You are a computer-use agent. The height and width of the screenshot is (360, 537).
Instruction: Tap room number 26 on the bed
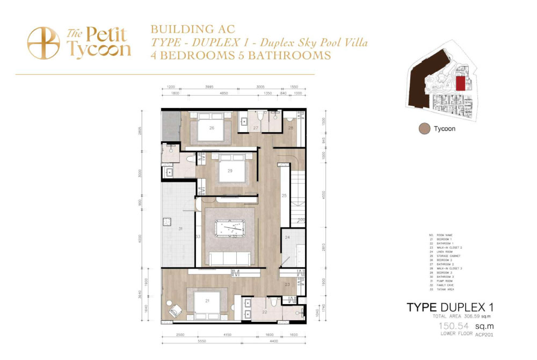click(x=212, y=128)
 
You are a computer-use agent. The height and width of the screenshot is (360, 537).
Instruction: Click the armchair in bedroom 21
click(x=175, y=311)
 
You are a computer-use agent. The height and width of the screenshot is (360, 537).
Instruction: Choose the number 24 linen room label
click(x=287, y=237)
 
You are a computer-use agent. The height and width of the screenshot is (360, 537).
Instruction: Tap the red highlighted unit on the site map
click(x=460, y=83)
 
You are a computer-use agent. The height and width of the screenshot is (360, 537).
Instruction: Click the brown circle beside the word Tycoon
click(x=425, y=129)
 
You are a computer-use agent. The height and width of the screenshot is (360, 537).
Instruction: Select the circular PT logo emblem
click(x=43, y=44)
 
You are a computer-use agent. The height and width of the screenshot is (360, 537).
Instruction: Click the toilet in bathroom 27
click(x=260, y=118)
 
